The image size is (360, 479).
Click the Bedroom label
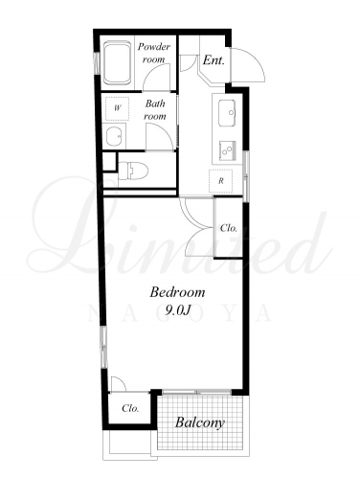177,292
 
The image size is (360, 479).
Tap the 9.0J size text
178,309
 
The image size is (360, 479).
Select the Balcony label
200,422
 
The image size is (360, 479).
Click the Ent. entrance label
214,60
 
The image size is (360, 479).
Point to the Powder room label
154,53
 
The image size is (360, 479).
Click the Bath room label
155,110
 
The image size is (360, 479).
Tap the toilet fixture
133,171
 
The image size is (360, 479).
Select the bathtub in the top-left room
118,62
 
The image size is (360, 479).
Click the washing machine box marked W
117,108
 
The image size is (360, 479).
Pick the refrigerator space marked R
220,181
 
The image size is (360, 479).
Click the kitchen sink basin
227,113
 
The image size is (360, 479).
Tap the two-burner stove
227,150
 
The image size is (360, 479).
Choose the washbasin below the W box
114,136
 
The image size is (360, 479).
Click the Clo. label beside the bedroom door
229,228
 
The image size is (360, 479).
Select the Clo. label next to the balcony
130,408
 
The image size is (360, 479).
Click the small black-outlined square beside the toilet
109,162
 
